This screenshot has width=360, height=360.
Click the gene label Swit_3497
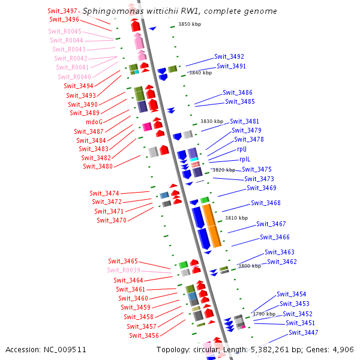(62, 11)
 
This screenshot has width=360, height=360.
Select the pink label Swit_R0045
(65, 31)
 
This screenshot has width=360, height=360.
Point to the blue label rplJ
(242, 149)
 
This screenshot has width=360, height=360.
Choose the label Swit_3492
(229, 56)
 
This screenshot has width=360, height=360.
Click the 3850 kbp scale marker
(190, 24)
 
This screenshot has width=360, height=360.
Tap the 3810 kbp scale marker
(236, 218)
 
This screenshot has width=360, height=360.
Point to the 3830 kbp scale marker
(211, 121)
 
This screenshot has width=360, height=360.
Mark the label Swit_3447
(303, 332)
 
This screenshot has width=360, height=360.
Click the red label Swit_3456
(143, 335)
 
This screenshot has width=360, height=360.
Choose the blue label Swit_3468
(266, 203)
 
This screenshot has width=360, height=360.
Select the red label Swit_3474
(104, 193)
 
